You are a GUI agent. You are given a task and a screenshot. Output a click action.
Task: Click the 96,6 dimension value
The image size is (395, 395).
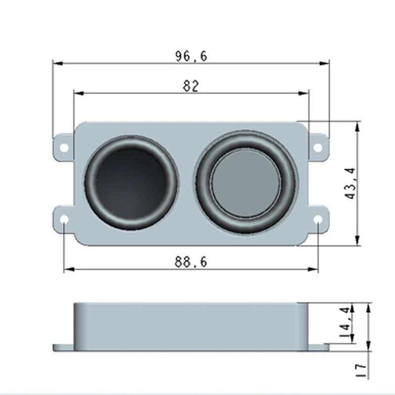coord(191,56)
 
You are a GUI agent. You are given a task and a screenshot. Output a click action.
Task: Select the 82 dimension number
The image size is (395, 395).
coord(191,86)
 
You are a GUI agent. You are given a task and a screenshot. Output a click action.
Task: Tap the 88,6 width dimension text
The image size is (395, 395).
coord(191,262)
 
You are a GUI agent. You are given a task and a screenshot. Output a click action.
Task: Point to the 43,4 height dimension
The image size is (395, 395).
coord(350,183)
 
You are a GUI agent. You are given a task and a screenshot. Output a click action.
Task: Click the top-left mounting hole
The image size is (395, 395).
coord(64,147)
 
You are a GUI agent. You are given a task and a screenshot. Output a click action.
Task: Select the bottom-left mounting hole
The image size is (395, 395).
coord(64,219)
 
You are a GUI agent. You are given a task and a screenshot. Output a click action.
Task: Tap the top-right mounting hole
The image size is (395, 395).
coord(318,147)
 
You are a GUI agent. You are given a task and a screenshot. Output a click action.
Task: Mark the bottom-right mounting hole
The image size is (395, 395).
coord(318,219)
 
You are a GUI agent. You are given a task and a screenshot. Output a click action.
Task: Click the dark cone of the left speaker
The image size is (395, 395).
coord(131,183)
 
